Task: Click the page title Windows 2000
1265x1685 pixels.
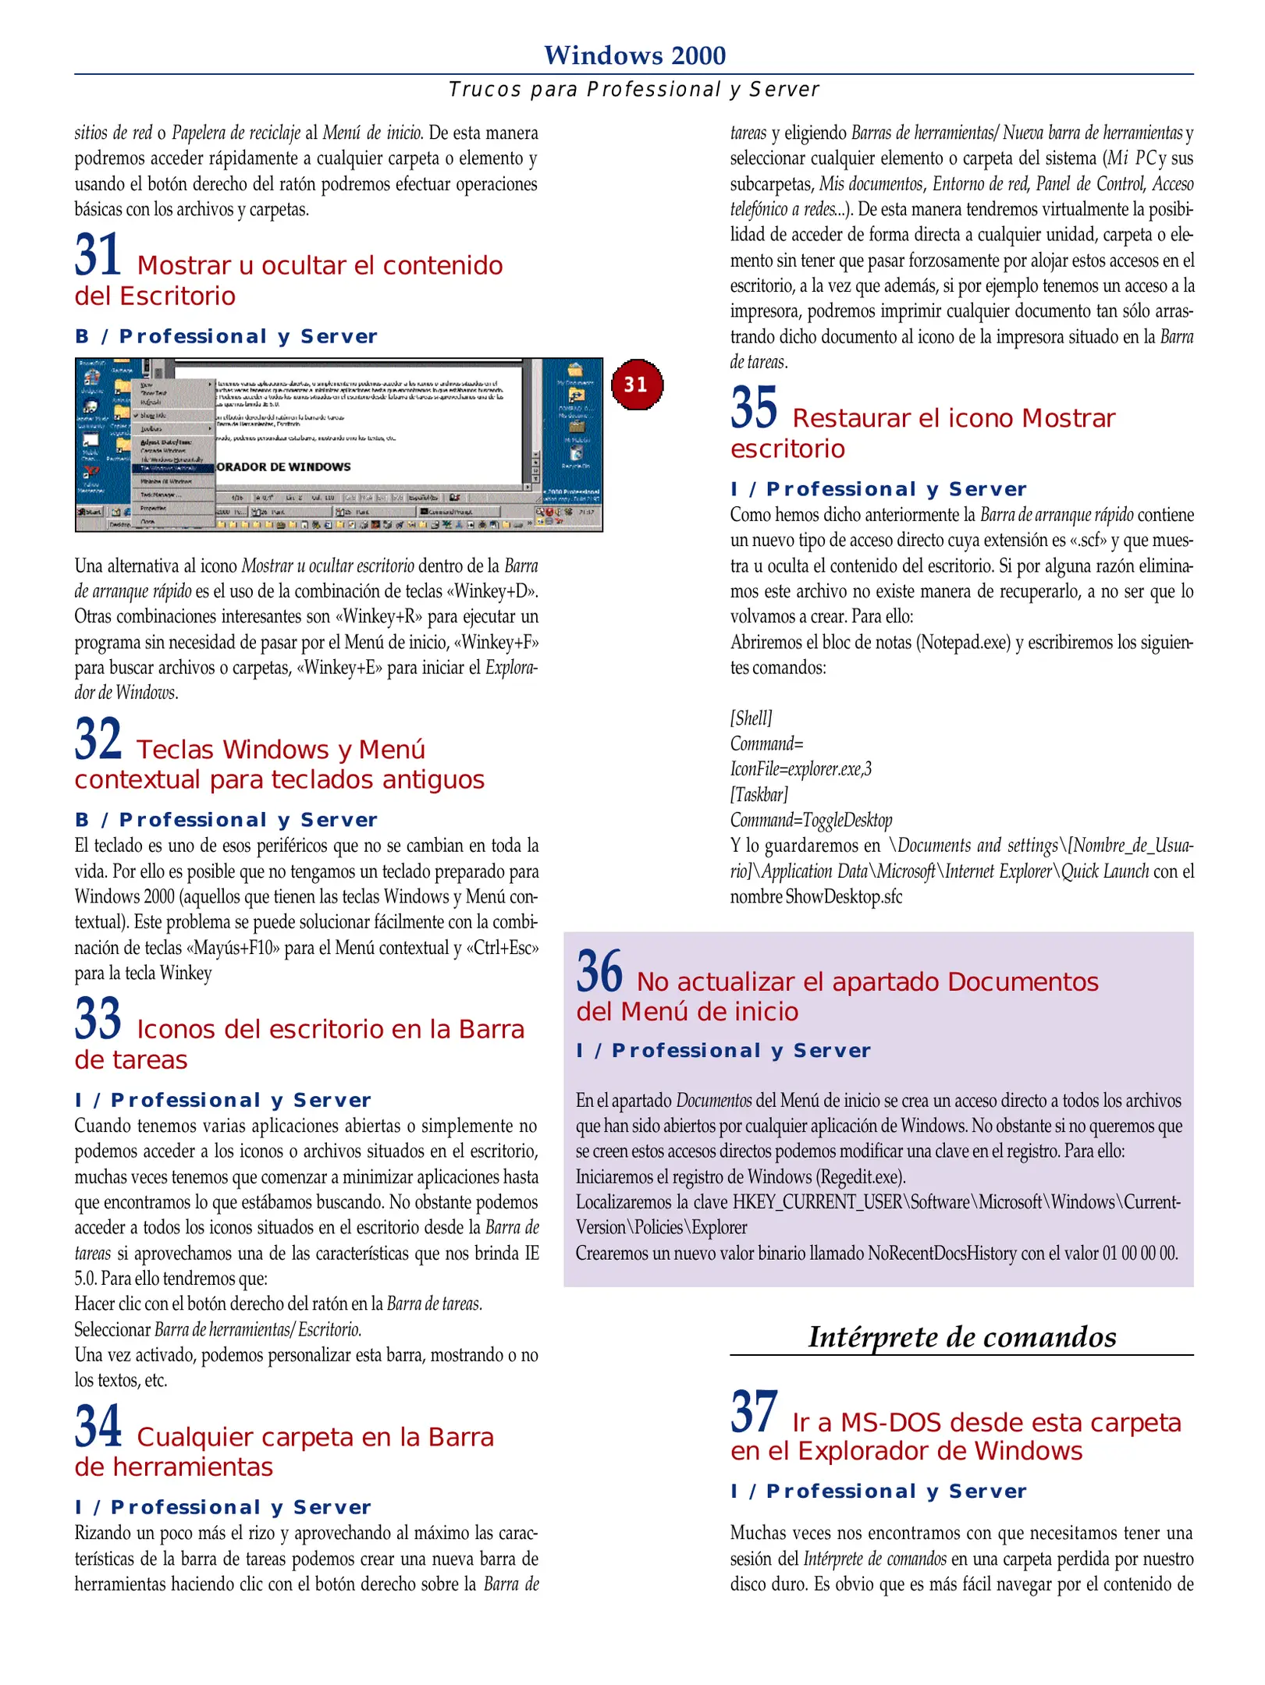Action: coord(634,55)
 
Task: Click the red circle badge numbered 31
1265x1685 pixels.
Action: coord(636,384)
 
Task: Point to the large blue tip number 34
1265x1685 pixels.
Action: coord(98,1426)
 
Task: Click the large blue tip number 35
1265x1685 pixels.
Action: coord(754,408)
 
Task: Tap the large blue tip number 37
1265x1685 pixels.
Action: coord(754,1412)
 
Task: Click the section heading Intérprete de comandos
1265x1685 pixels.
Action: coord(961,1336)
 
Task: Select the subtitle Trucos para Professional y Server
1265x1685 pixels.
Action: coord(634,90)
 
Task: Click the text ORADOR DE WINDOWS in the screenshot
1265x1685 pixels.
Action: coord(284,466)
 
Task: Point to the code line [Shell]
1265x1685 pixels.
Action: coord(751,718)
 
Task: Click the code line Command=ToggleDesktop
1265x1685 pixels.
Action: coord(811,820)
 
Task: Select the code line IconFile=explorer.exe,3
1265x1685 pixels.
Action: coord(801,769)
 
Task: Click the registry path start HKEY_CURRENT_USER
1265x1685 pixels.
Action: coord(818,1202)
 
